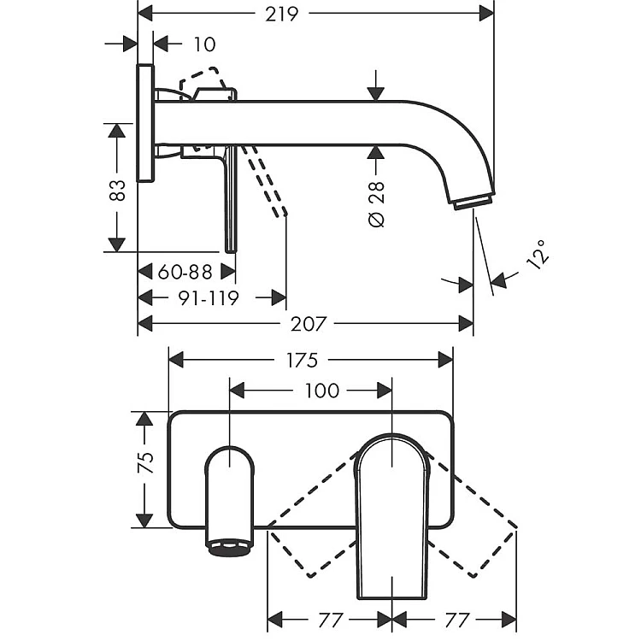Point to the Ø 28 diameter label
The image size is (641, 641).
point(377,203)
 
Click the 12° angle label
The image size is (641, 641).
point(537,256)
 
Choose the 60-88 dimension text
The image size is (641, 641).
point(185,272)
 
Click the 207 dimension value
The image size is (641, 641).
point(309,324)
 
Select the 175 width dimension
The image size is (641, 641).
point(311,359)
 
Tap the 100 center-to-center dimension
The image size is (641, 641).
point(321,391)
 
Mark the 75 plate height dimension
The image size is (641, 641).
point(147,462)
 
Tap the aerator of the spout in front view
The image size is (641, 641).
point(230,548)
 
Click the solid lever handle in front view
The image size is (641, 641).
point(391,513)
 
